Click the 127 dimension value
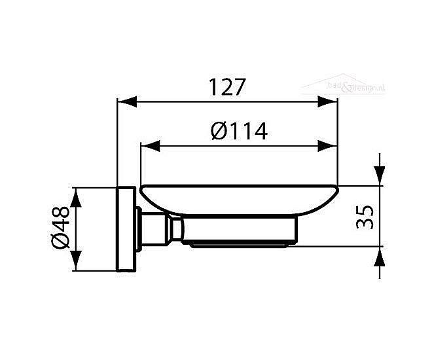click(226, 88)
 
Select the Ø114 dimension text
click(240, 132)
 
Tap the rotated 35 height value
click(367, 216)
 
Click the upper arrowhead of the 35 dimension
click(379, 175)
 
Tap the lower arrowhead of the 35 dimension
click(379, 257)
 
